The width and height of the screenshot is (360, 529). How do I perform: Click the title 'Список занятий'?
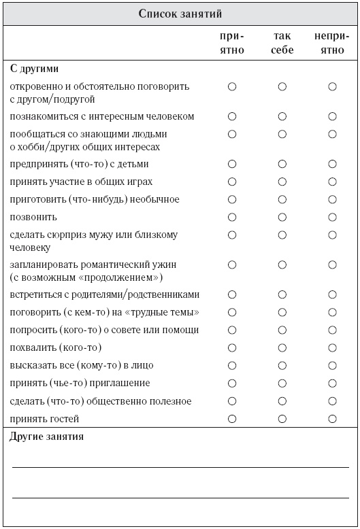tap(180, 13)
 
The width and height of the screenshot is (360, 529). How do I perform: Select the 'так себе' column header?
tap(282, 43)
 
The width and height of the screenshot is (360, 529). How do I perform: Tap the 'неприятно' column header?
tap(332, 43)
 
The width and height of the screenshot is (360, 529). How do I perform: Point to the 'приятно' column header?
tap(232, 43)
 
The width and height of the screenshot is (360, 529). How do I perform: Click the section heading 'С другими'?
tap(35, 69)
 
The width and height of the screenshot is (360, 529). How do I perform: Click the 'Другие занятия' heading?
tap(47, 437)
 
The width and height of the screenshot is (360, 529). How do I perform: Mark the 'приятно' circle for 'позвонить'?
tap(232, 217)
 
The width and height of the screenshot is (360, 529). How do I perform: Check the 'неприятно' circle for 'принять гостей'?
tap(332, 418)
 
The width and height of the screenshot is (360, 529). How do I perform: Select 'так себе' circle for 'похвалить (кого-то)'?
tap(282, 347)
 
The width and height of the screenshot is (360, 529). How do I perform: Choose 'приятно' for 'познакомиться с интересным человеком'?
tap(232, 116)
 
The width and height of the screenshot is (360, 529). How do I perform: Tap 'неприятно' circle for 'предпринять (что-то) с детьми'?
tap(332, 164)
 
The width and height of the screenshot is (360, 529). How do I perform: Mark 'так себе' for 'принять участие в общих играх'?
tap(282, 182)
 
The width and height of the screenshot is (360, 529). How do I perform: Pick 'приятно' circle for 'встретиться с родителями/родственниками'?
tap(232, 294)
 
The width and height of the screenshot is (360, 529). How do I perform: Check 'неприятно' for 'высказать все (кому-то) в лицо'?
tap(332, 365)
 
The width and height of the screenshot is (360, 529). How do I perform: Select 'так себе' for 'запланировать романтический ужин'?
tap(282, 264)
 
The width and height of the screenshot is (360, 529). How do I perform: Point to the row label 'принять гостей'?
tap(45, 418)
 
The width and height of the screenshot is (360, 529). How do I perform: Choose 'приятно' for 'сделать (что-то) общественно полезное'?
tap(232, 400)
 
